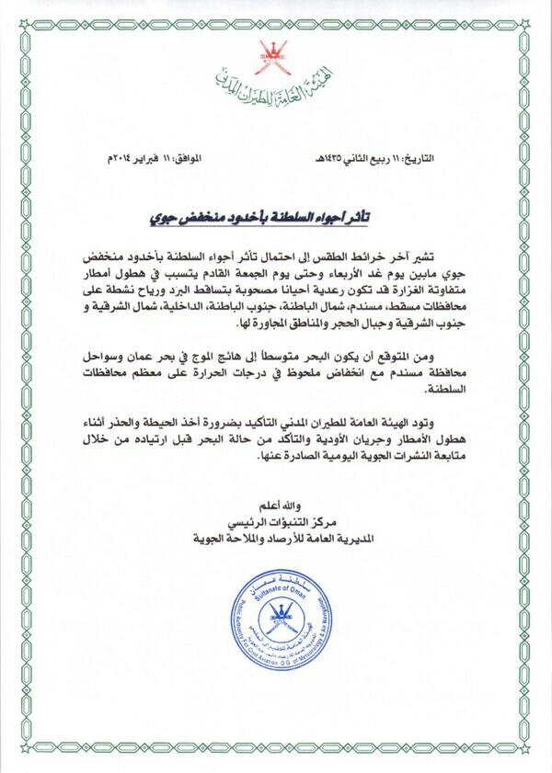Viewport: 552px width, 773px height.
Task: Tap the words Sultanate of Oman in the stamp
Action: click(277, 585)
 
